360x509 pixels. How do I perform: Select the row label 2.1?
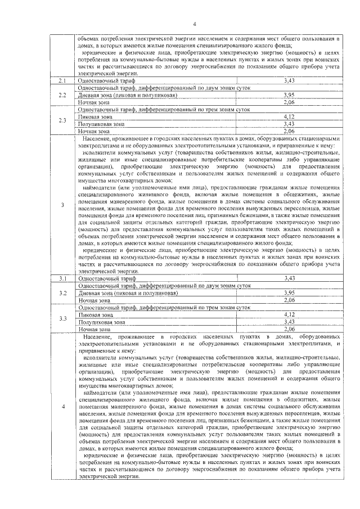pos(63,82)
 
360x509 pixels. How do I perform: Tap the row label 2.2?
pos(63,96)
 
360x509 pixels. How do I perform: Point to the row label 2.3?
pos(63,120)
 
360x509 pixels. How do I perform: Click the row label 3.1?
pos(63,278)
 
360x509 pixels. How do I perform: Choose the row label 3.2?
pos(63,292)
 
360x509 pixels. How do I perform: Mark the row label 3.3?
pos(63,320)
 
